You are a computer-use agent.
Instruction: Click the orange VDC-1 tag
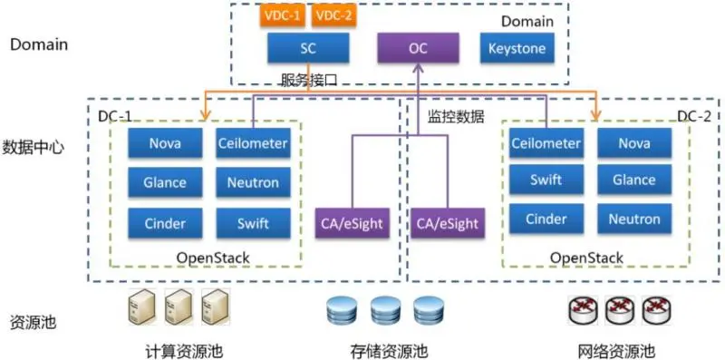click(x=282, y=16)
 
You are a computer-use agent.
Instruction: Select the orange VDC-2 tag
click(x=334, y=16)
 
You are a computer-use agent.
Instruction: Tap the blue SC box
click(x=308, y=49)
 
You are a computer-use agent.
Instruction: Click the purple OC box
click(x=418, y=49)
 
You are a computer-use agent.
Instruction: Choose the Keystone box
click(x=517, y=49)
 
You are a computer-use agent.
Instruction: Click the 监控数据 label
click(x=456, y=116)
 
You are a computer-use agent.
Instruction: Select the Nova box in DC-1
click(x=165, y=142)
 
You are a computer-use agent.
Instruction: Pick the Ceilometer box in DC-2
click(x=546, y=142)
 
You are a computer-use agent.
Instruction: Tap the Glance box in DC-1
click(x=165, y=182)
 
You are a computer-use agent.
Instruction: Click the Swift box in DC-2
click(x=546, y=180)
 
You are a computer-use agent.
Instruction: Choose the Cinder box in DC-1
click(x=165, y=223)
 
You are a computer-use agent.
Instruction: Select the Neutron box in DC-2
click(x=634, y=219)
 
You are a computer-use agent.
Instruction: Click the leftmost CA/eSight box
click(x=353, y=222)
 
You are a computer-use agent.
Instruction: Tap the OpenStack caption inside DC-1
click(x=213, y=258)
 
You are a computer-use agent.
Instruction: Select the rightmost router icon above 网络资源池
click(x=656, y=311)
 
